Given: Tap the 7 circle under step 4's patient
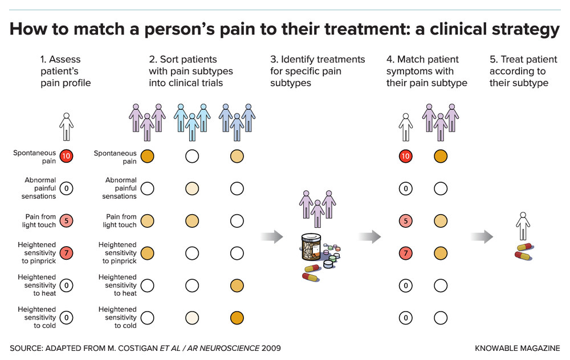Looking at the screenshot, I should (405, 253).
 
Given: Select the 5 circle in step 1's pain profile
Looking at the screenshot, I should (66, 220).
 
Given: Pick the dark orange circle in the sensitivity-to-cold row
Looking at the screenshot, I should (237, 317).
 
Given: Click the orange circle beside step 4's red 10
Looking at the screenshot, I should (441, 156).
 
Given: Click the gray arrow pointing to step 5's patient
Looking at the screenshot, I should (482, 236).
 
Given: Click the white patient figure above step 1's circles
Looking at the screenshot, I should (67, 125).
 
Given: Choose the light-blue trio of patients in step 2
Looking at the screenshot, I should (192, 121).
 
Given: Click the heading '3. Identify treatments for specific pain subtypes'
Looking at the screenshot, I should (317, 71).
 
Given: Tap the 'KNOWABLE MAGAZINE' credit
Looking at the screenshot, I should (517, 347).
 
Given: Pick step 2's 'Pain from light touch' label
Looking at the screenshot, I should (120, 220).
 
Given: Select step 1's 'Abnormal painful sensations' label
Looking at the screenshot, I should (40, 188).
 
